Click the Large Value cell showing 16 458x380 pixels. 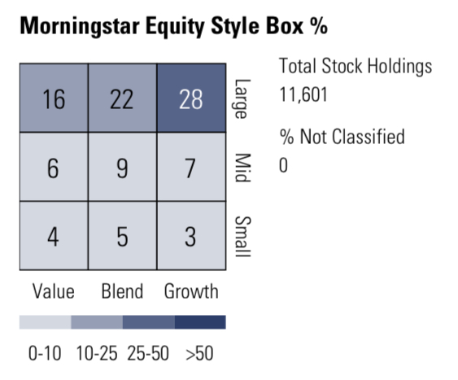coord(54,99)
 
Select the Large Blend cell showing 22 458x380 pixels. coord(122,99)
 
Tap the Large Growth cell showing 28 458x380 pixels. coord(190,99)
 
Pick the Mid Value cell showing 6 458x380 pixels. coord(54,168)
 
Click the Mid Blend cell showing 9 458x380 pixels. coord(122,168)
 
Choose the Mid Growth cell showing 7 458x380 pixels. coord(190,168)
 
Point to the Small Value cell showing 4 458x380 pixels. coord(54,237)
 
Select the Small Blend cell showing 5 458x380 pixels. coord(122,237)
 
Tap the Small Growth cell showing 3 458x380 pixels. coord(190,237)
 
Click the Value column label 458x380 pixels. coord(54,290)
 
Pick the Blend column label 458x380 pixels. coord(122,290)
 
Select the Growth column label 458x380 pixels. coord(191,290)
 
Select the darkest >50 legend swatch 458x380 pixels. coord(200,323)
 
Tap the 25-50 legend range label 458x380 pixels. coord(149,354)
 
